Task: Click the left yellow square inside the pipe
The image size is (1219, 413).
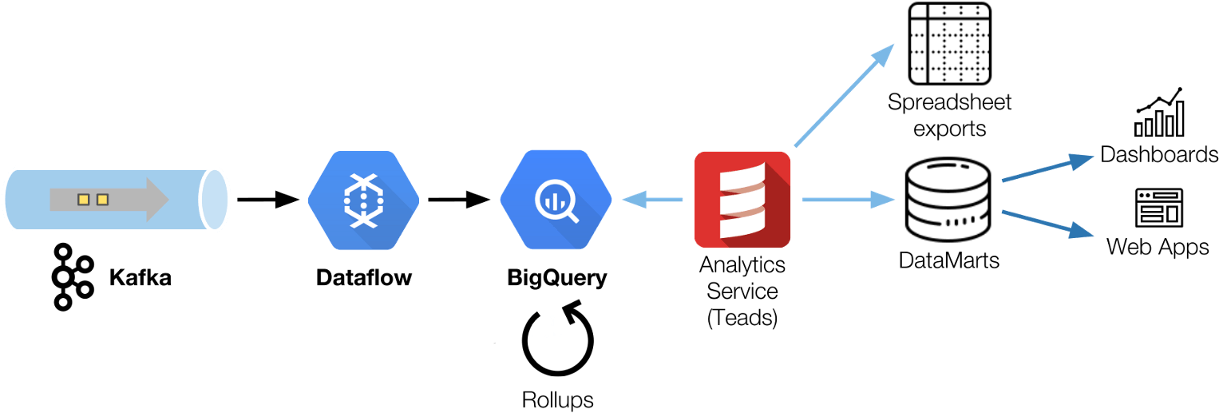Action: click(x=83, y=200)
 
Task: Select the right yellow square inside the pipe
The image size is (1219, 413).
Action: click(x=102, y=200)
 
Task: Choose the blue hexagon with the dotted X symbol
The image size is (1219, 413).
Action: click(x=363, y=200)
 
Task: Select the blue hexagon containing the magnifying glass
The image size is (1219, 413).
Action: click(x=556, y=200)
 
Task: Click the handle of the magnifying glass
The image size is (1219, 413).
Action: click(x=571, y=215)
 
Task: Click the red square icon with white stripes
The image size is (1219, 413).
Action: click(x=742, y=199)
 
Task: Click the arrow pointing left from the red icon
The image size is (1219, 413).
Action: click(x=653, y=199)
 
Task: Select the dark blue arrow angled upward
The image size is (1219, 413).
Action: click(x=1046, y=169)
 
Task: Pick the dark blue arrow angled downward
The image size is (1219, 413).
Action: click(x=1046, y=223)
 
